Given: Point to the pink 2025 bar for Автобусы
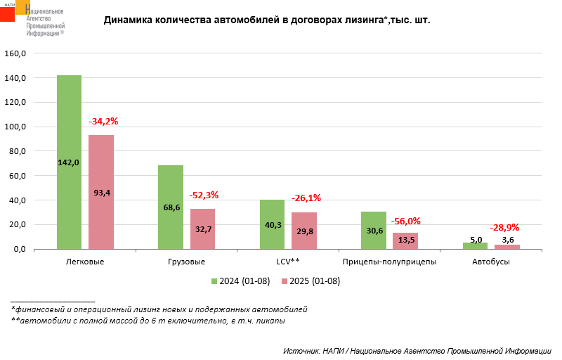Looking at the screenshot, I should point(507,247).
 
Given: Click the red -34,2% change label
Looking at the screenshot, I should point(103,122).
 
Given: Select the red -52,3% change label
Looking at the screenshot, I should point(204,195).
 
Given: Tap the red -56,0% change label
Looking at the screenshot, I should point(406,221).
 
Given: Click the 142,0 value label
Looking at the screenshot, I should point(69,162).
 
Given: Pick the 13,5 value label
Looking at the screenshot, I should point(405,240).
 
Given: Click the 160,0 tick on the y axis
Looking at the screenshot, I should point(15,53).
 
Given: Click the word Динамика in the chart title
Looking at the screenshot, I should point(128,20).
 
